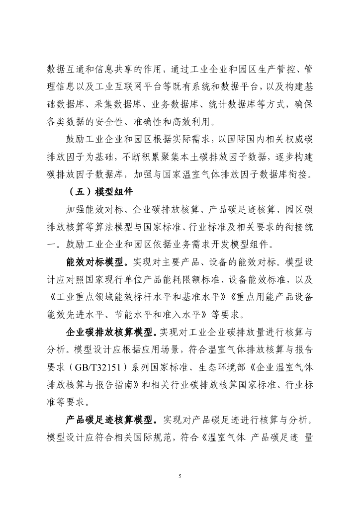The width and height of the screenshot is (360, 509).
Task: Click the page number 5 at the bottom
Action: point(180,476)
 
